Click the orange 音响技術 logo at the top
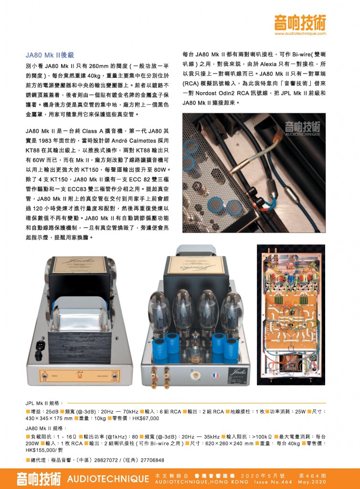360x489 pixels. point(300,22)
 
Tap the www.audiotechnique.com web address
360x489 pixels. point(300,33)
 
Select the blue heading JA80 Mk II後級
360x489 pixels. point(50,55)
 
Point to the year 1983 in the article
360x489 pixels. point(45,141)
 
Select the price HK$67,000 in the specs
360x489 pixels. point(146,418)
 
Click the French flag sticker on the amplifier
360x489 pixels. point(215,374)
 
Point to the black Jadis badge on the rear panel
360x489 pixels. point(238,375)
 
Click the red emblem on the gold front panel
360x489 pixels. point(80,376)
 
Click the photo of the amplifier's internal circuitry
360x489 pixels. point(291,315)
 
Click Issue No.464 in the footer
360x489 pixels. point(273,482)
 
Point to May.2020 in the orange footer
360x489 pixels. point(312,482)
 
